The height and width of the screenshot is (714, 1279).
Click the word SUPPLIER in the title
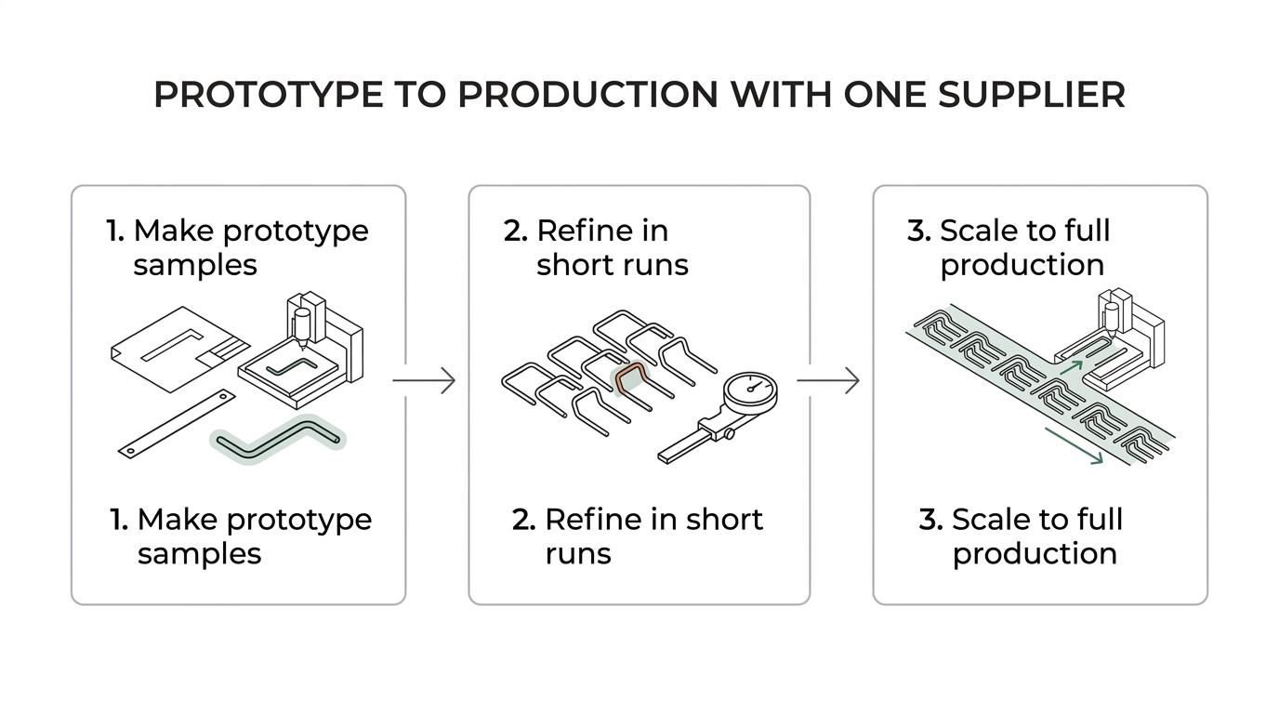(1031, 94)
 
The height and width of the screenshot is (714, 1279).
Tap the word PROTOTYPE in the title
(269, 94)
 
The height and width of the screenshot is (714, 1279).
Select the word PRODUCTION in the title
(587, 94)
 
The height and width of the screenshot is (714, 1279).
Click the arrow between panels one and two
(424, 380)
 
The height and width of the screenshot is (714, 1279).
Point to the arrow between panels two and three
(828, 380)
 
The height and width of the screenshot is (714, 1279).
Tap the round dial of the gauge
(750, 391)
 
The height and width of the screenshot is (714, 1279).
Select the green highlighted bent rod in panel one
(278, 440)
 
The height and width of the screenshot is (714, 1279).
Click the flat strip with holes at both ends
(177, 424)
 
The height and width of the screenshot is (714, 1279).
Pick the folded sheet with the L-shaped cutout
(180, 349)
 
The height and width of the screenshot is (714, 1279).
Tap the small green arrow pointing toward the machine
(1071, 366)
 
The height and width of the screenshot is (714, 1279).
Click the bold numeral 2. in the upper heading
(516, 231)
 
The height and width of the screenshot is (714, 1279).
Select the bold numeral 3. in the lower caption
(930, 519)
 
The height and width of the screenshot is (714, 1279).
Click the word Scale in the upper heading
(980, 231)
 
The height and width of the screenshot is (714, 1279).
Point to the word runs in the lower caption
(578, 554)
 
